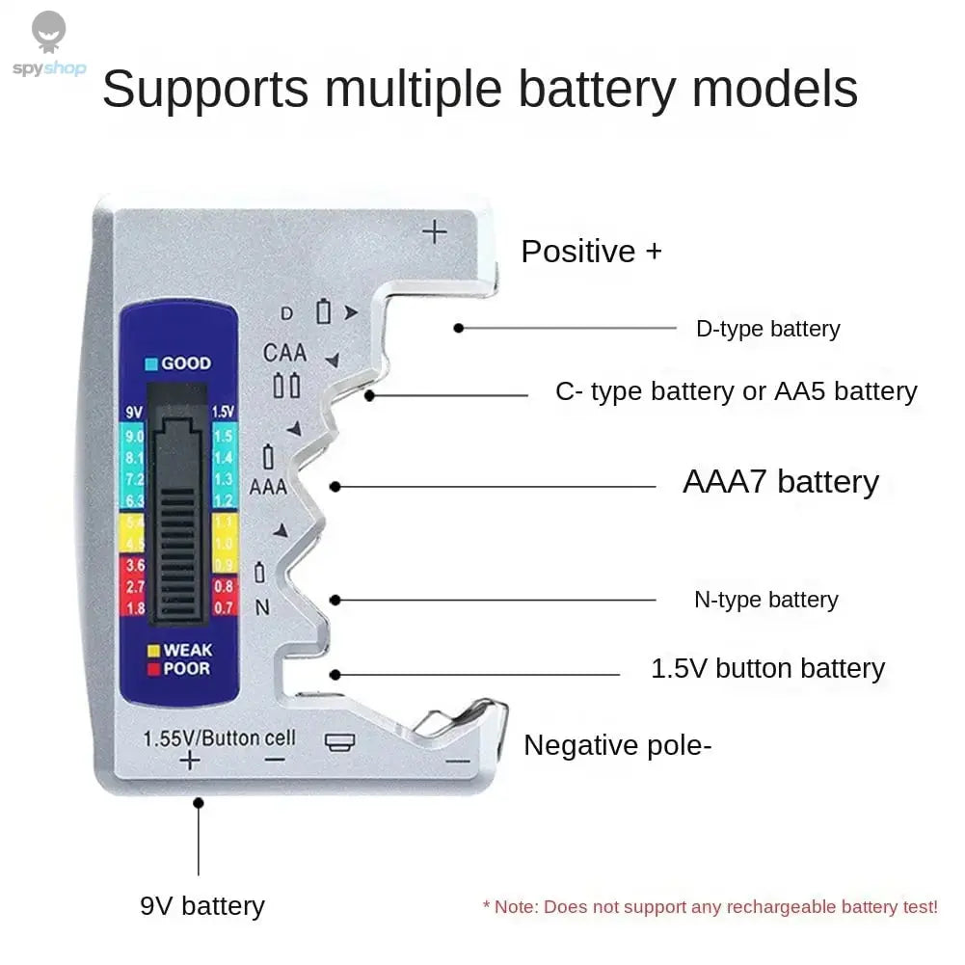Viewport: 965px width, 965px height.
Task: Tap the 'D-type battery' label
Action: coord(767,329)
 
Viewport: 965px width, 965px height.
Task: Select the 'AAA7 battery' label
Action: coord(780,482)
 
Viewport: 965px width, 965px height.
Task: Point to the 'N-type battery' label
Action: coord(765,600)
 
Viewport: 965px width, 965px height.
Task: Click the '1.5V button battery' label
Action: coord(767,668)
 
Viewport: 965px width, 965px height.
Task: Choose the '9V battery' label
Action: coord(201,906)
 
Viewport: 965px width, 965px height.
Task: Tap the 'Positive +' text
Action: coord(591,252)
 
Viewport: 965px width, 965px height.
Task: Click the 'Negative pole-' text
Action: coord(617,745)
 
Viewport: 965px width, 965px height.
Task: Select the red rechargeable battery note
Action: coord(710,907)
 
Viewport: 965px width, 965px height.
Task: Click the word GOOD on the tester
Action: coord(185,363)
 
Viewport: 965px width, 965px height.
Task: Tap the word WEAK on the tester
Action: coord(187,651)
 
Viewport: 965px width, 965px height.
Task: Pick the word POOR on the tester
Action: coord(186,669)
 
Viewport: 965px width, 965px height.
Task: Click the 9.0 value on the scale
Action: coord(134,438)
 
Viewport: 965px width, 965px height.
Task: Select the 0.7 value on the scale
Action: coord(223,608)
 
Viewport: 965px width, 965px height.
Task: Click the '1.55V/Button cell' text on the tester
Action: coord(219,739)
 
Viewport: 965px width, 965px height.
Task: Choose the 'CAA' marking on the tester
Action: coord(284,353)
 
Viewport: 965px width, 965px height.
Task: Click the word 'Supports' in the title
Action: coord(204,89)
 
